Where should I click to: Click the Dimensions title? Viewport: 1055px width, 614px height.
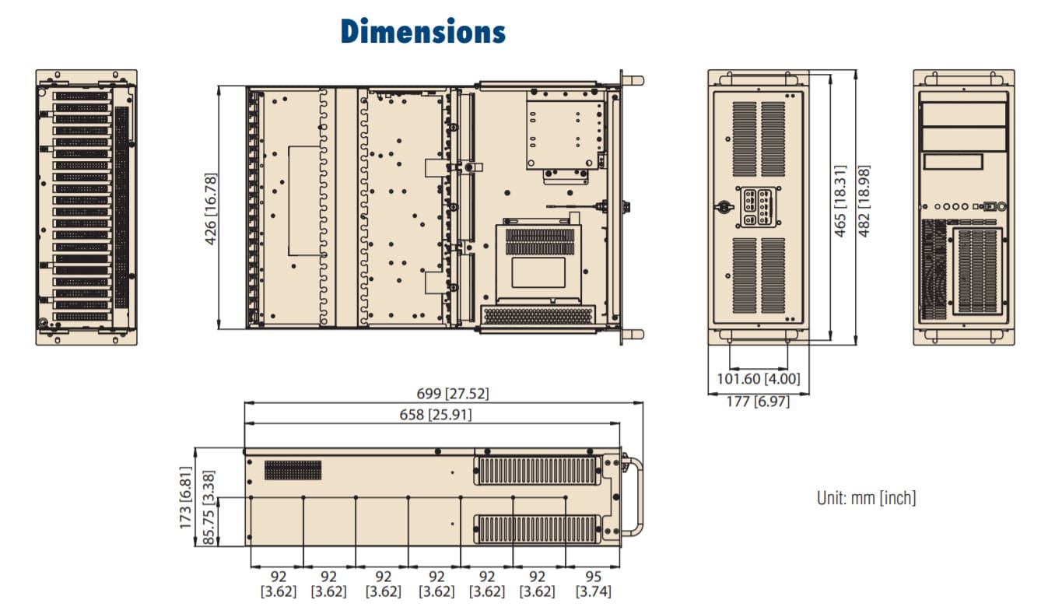click(423, 32)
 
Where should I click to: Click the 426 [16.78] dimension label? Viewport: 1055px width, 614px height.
click(211, 209)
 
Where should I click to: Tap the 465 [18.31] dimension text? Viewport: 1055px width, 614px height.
click(840, 201)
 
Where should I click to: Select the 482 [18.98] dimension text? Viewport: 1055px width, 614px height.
click(864, 201)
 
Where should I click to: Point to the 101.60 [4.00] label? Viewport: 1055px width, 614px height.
click(759, 379)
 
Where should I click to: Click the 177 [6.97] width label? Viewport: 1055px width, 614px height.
click(758, 402)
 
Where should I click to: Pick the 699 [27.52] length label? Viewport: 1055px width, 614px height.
click(453, 394)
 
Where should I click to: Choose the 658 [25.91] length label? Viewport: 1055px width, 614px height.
click(436, 415)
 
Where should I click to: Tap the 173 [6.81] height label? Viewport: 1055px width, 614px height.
click(186, 497)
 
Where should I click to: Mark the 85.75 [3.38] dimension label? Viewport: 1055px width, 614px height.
click(209, 507)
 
